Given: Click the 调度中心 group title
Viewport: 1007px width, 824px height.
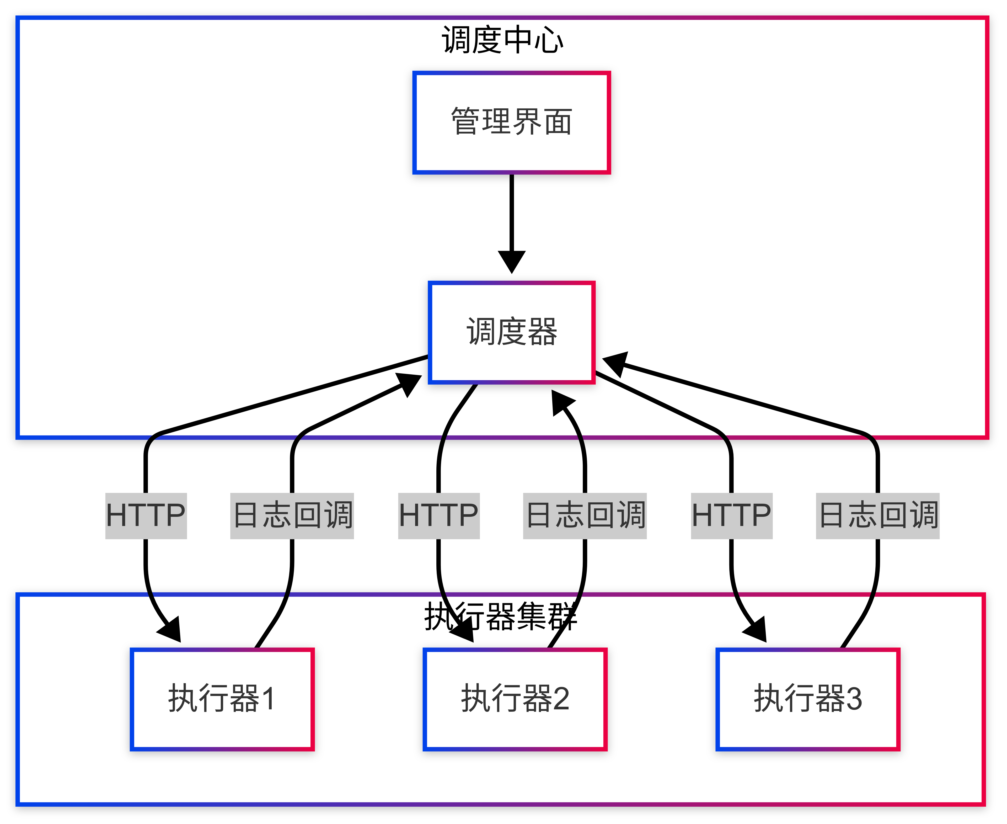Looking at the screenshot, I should [502, 40].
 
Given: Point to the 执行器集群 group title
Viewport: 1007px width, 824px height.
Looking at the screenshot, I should [501, 616].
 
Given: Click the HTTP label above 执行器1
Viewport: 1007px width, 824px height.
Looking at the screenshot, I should [146, 515].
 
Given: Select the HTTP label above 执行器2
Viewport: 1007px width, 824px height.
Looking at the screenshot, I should [438, 515].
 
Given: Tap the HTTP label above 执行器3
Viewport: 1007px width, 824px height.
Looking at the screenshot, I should [731, 515].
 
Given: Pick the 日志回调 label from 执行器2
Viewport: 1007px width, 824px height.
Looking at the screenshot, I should [585, 515].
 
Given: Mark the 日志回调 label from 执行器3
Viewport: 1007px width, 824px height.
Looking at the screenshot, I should [877, 515].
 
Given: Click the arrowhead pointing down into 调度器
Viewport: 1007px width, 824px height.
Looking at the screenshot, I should [512, 261].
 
